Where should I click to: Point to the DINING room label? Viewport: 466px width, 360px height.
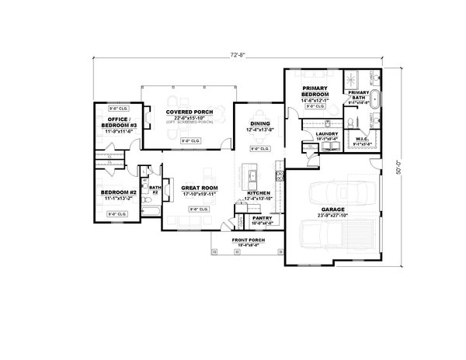(259, 123)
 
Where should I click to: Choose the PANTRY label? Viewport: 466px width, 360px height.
(262, 218)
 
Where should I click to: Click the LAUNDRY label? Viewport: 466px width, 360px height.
(325, 133)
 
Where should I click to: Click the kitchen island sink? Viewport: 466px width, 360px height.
(252, 180)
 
